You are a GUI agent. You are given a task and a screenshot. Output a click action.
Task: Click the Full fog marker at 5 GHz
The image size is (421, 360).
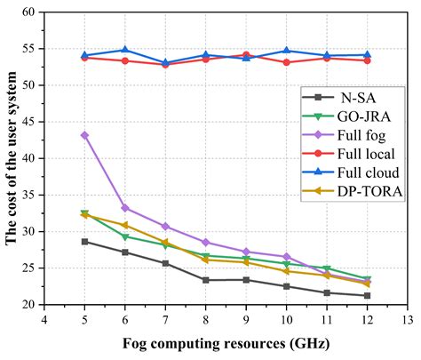pyautogui.click(x=85, y=135)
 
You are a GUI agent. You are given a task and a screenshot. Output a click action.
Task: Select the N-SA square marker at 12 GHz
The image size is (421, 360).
pyautogui.click(x=367, y=296)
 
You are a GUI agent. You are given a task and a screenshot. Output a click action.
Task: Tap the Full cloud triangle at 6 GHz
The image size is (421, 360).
pyautogui.click(x=125, y=50)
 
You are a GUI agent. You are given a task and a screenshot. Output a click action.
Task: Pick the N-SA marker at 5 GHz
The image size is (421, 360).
pyautogui.click(x=85, y=241)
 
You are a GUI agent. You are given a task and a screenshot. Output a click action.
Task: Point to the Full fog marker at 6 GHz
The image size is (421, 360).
pyautogui.click(x=125, y=208)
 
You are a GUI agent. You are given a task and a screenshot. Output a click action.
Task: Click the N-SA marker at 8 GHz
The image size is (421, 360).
pyautogui.click(x=206, y=280)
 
